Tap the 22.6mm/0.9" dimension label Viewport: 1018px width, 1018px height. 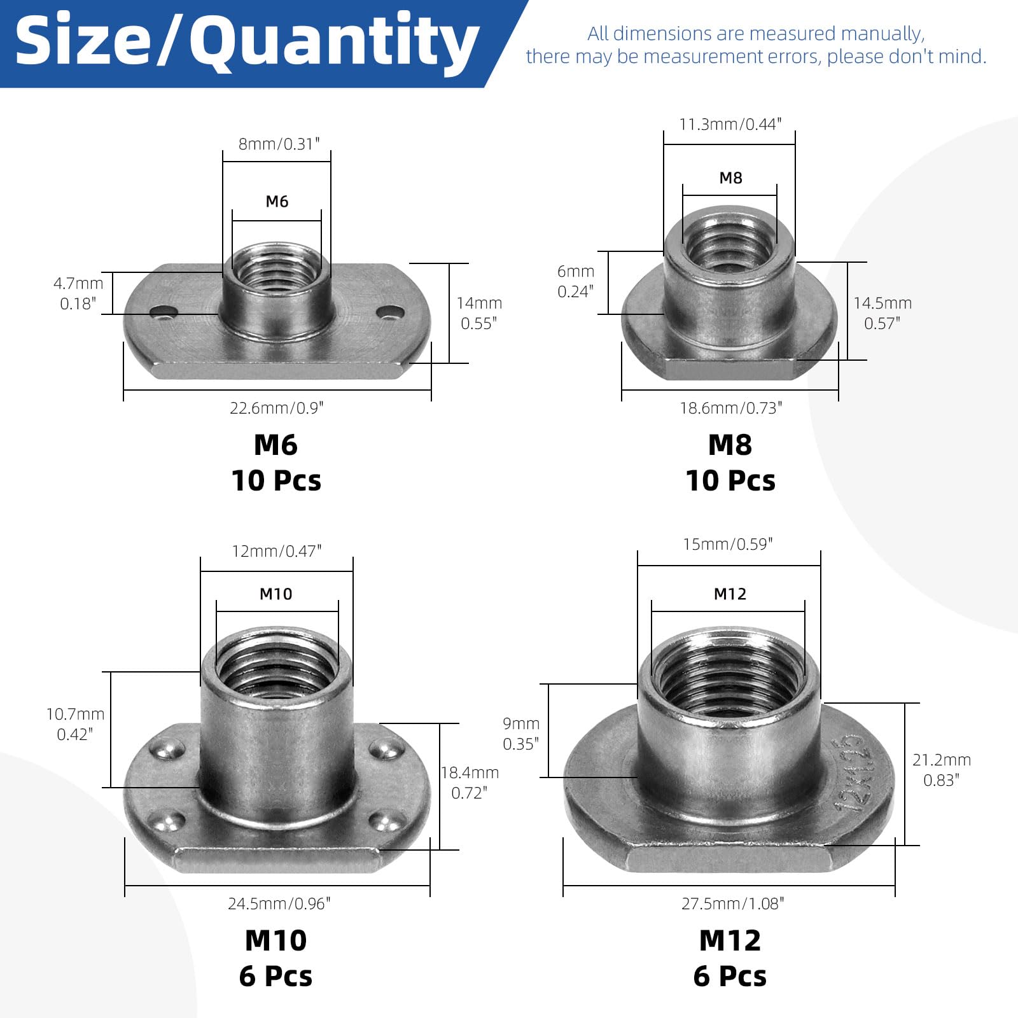pos(276,408)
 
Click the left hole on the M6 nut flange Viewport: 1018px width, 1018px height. pos(164,312)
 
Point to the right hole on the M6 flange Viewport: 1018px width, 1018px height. pos(389,312)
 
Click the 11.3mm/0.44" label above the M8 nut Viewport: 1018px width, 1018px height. pos(730,124)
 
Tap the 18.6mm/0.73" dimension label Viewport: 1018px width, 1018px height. pos(730,408)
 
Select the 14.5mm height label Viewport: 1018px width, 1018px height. pos(882,303)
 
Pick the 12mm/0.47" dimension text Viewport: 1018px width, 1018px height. pos(276,551)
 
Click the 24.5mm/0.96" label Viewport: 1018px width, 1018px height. pos(279,903)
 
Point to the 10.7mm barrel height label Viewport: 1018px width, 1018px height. pos(75,715)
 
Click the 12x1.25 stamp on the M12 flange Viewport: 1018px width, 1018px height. pos(851,773)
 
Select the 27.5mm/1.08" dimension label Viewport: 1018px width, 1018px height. pos(732,903)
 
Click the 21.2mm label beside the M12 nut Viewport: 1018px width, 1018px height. pos(942,760)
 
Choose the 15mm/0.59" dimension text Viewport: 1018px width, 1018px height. pos(727,544)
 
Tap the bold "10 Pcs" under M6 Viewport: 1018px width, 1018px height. pos(276,480)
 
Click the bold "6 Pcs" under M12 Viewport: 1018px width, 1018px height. pos(730,976)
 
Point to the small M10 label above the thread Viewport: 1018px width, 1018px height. pos(276,594)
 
